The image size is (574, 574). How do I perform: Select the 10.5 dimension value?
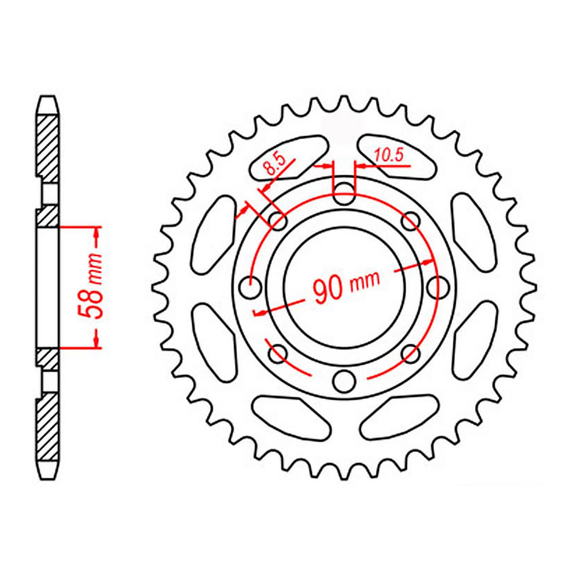(389, 156)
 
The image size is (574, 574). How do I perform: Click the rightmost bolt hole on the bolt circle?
(438, 287)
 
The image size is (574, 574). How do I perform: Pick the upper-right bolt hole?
(411, 221)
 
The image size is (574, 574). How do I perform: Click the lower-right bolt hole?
(411, 354)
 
